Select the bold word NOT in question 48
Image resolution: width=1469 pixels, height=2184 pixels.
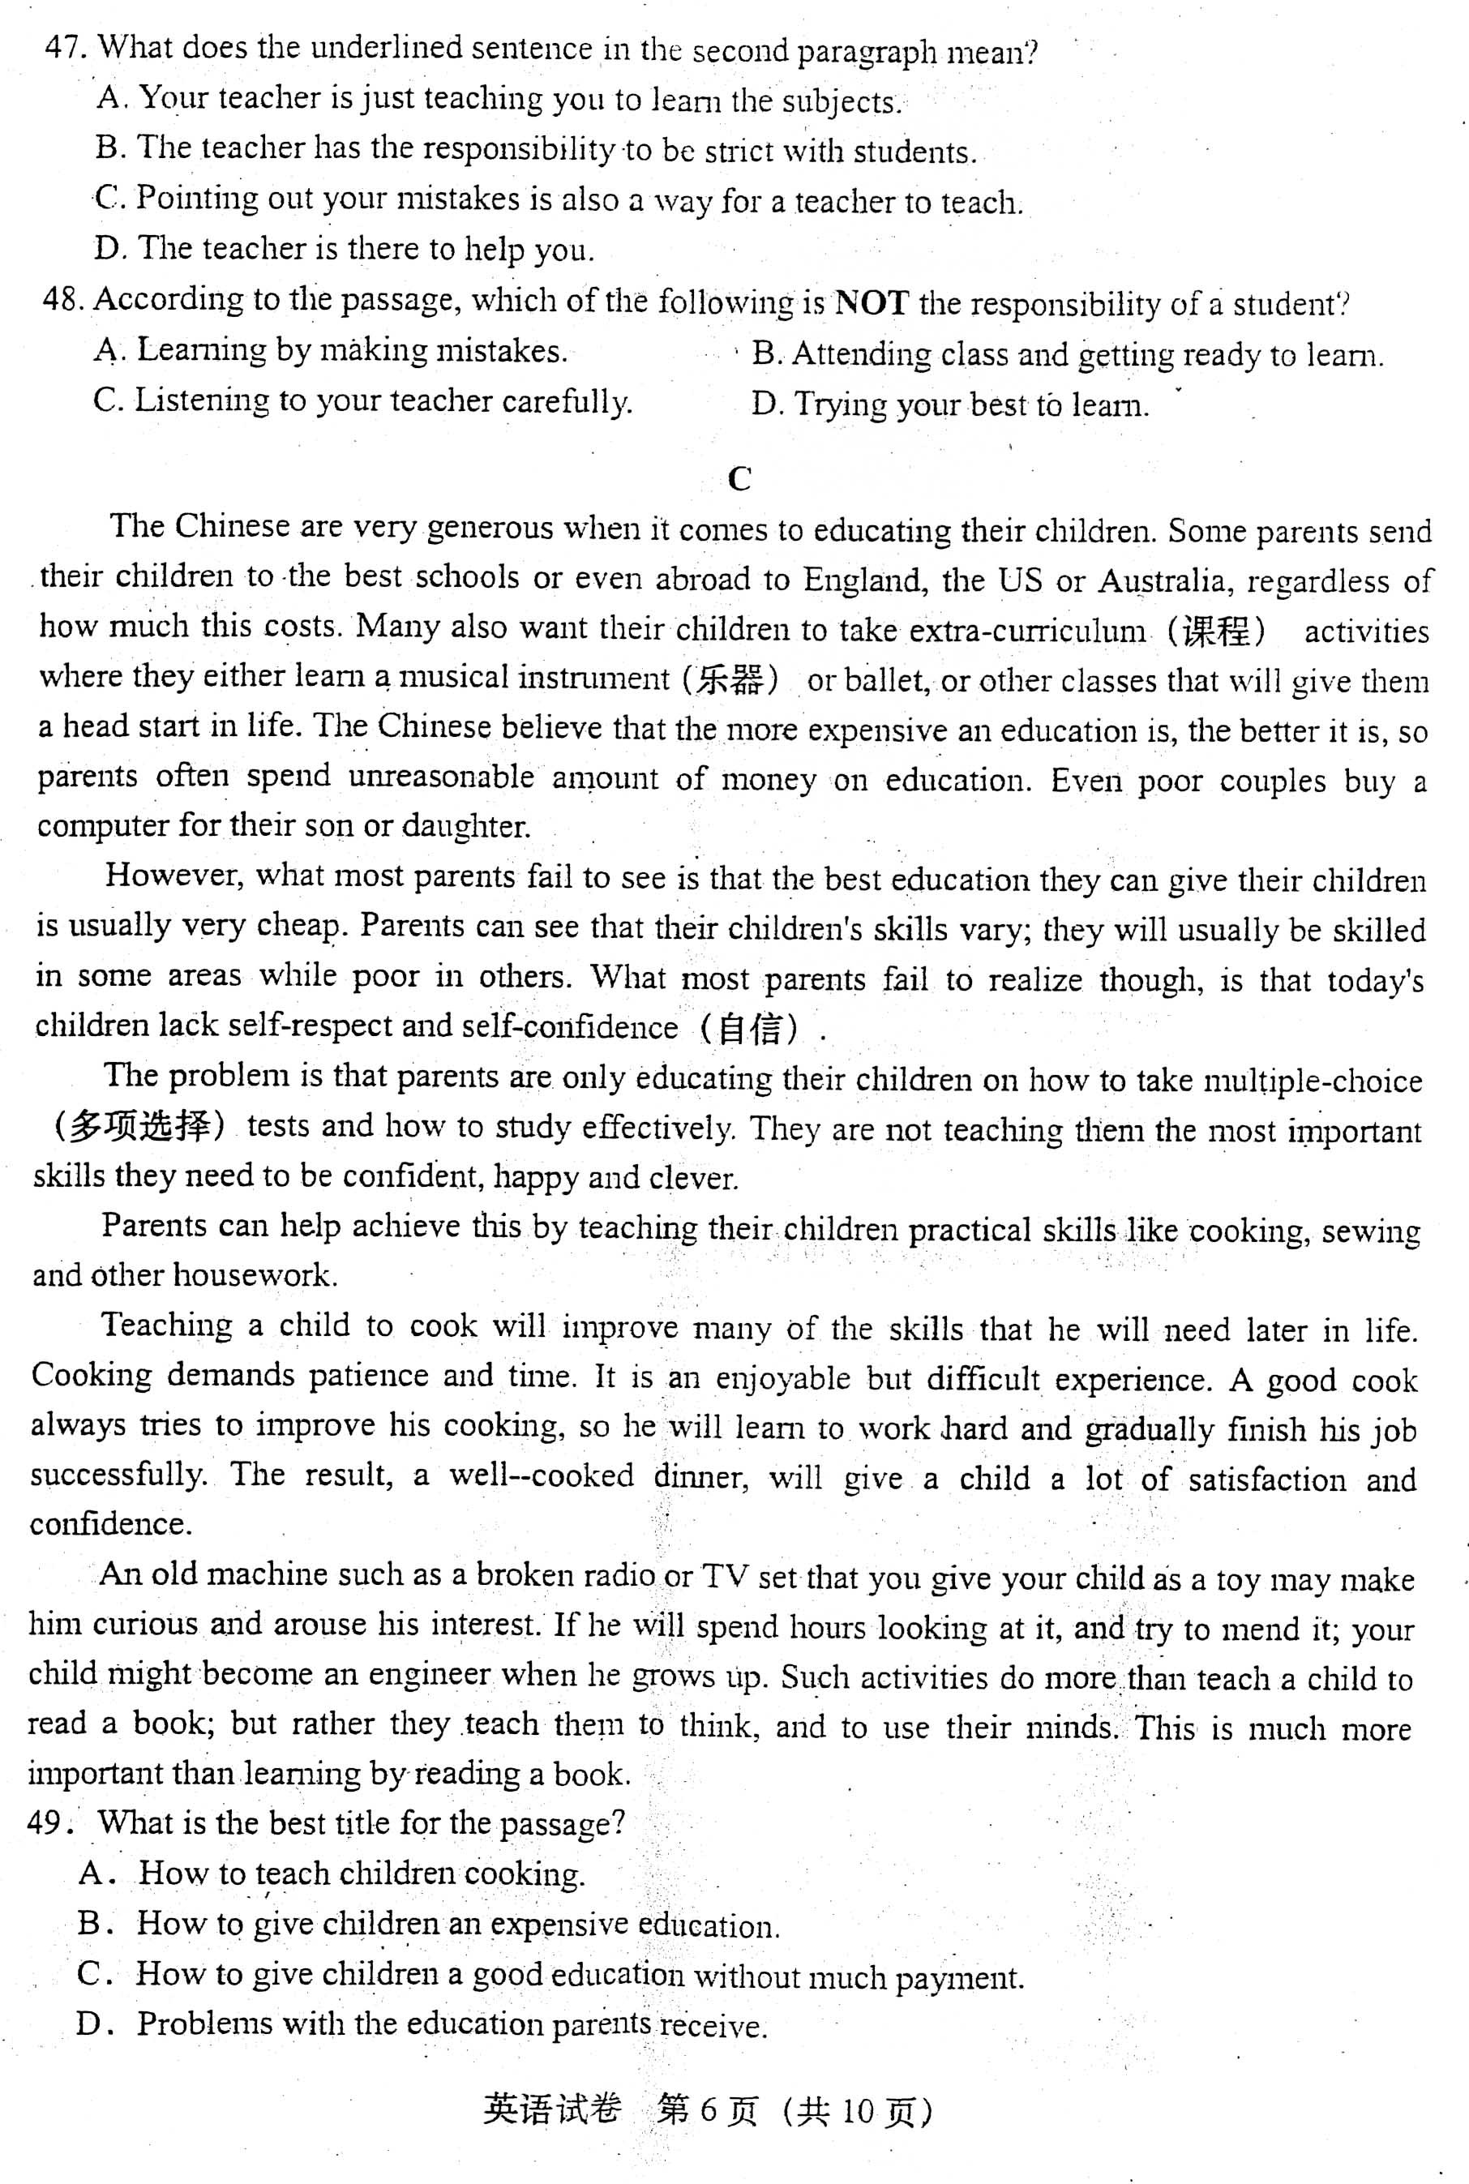click(872, 302)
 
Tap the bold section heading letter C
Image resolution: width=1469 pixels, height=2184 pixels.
click(739, 479)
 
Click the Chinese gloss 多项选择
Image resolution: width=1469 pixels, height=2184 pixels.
click(139, 1126)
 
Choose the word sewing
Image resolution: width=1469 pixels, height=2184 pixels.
click(1371, 1231)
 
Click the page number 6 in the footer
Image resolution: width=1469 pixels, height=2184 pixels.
click(707, 2111)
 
